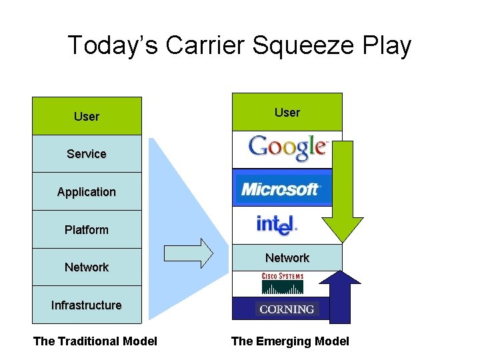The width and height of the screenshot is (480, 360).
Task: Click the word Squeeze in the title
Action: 289,45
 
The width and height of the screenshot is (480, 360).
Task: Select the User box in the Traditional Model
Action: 87,117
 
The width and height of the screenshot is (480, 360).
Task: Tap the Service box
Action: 87,154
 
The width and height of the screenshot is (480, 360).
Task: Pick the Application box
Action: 87,192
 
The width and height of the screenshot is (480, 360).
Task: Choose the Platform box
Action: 87,230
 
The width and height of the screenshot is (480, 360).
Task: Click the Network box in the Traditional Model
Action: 87,267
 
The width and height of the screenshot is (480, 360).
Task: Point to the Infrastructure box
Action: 87,305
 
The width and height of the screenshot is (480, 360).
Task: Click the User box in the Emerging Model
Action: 287,113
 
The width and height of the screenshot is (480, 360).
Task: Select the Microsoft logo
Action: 281,189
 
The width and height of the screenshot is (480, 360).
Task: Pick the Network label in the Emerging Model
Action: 287,258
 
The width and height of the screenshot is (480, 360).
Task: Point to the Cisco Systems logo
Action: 283,283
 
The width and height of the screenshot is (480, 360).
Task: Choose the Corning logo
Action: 287,309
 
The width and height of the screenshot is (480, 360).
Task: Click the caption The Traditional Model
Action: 95,341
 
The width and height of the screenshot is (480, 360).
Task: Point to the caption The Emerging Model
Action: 290,341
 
